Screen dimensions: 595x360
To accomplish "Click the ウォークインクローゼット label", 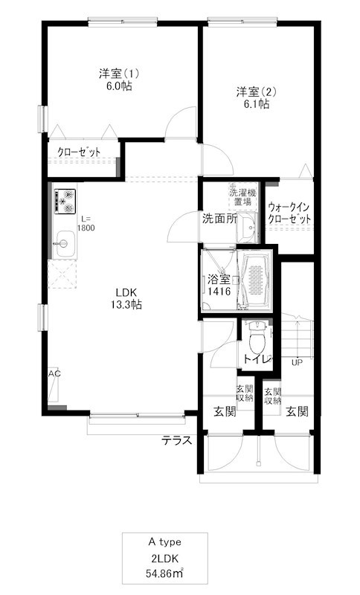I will click(290, 213).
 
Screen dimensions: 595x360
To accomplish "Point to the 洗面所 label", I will click(219, 219).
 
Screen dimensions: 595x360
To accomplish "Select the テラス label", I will click(178, 440).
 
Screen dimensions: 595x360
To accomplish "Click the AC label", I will click(54, 373).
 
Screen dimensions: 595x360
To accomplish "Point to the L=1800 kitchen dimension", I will click(85, 224).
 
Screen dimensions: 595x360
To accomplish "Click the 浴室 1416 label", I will click(219, 287).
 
